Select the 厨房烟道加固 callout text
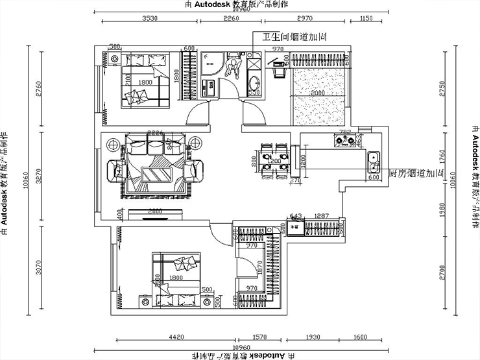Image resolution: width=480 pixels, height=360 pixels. pos(415,174)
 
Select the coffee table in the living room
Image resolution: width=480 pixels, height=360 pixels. pos(156,175)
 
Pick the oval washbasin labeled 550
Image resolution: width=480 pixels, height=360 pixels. pos(254,82)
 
